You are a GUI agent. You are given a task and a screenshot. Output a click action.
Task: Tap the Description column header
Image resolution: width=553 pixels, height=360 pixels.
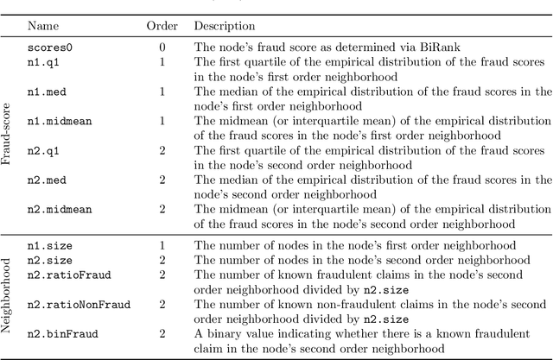click(224, 27)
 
